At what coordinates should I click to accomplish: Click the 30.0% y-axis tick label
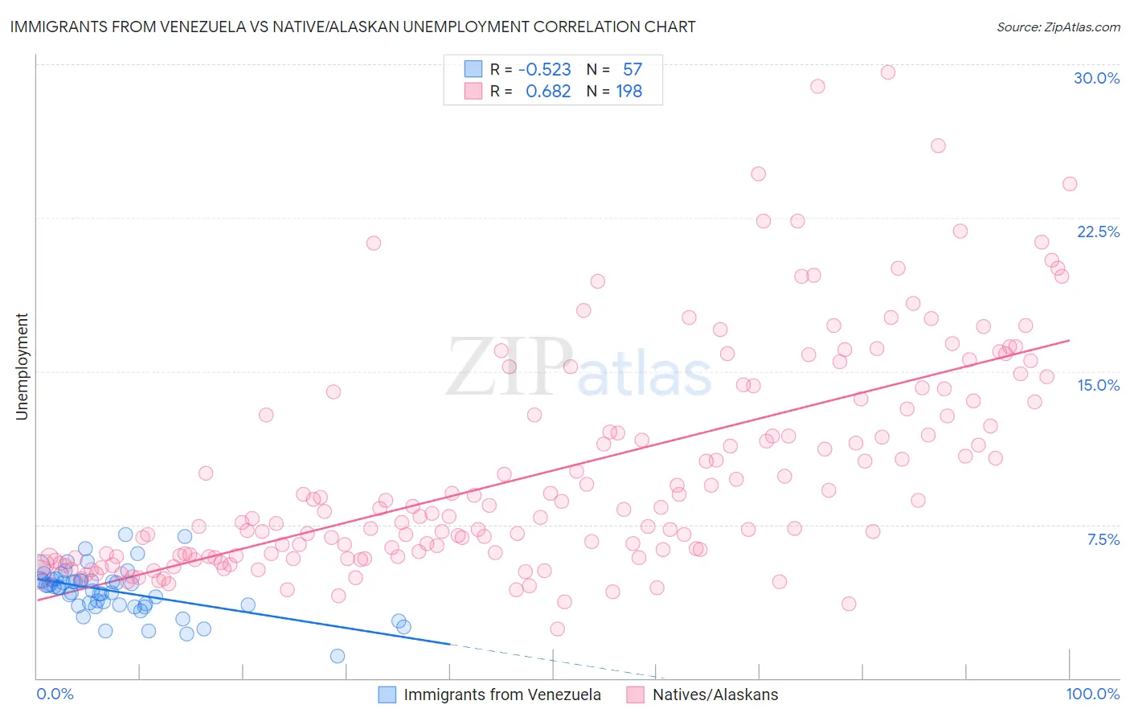1096,78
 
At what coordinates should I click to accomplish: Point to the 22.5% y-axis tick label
1098,231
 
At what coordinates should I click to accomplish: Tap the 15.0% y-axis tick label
1098,385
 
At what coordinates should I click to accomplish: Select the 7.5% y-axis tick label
1103,539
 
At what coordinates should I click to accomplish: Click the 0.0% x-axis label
55,694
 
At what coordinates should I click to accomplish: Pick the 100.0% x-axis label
1092,694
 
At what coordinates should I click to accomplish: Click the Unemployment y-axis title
22,367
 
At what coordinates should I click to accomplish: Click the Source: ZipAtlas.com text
1058,27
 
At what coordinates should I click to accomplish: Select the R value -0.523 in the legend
544,70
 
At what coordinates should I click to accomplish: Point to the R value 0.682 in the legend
548,92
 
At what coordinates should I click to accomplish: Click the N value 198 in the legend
628,92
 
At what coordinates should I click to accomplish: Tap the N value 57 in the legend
633,70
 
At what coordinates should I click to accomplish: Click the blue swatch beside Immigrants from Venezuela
387,694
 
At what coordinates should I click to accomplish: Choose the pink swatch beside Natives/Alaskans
636,694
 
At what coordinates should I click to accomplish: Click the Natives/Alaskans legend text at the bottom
714,694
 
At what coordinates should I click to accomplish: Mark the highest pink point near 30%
887,72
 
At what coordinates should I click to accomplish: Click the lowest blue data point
338,656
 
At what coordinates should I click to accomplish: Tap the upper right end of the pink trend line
1069,340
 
